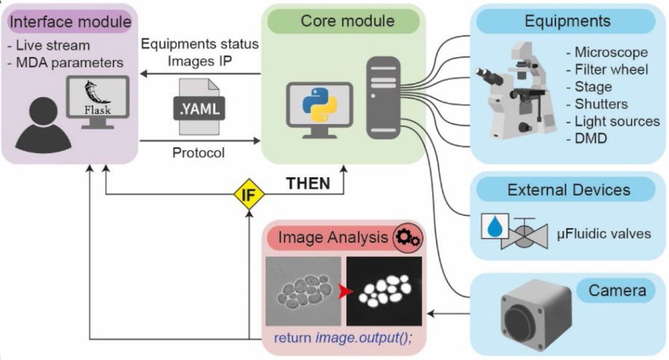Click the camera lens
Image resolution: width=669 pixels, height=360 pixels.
tap(521, 323)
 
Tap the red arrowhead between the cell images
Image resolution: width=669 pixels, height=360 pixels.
tap(343, 292)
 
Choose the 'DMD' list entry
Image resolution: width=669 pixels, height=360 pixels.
tap(579, 139)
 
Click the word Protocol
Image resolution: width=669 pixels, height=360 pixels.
tap(199, 153)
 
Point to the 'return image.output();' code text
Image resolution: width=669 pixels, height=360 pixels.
tap(343, 337)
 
